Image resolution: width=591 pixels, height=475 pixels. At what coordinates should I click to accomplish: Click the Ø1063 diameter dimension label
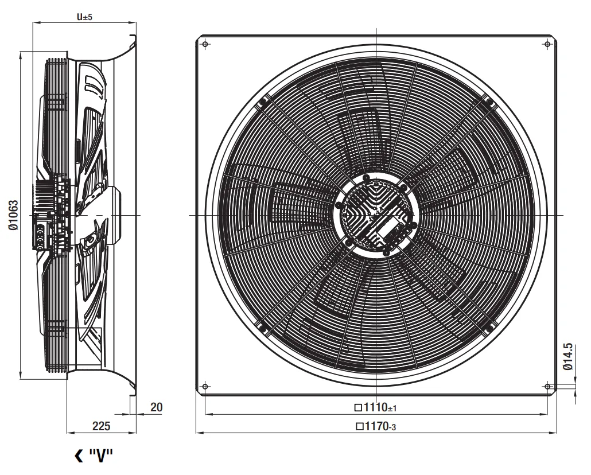(13, 215)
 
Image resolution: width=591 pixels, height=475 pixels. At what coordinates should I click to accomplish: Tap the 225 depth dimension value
(102, 426)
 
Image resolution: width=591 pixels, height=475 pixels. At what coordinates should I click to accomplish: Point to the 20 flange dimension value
(157, 407)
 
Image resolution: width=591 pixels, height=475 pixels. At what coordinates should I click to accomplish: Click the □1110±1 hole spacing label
(375, 407)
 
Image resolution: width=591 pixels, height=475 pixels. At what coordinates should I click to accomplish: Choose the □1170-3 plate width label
(375, 426)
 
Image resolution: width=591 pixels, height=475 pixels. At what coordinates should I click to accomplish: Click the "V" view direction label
(101, 455)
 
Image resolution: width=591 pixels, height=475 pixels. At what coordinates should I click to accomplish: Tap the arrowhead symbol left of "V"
(79, 455)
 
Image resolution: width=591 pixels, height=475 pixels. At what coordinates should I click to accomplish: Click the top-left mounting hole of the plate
(205, 44)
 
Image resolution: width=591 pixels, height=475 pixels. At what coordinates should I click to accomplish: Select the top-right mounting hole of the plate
(547, 45)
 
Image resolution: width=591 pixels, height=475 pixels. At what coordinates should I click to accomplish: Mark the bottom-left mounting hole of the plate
(205, 387)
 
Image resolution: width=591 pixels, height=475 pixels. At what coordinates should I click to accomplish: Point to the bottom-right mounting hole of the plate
(547, 387)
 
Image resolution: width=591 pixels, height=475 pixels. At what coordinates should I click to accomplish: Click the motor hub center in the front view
(376, 215)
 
